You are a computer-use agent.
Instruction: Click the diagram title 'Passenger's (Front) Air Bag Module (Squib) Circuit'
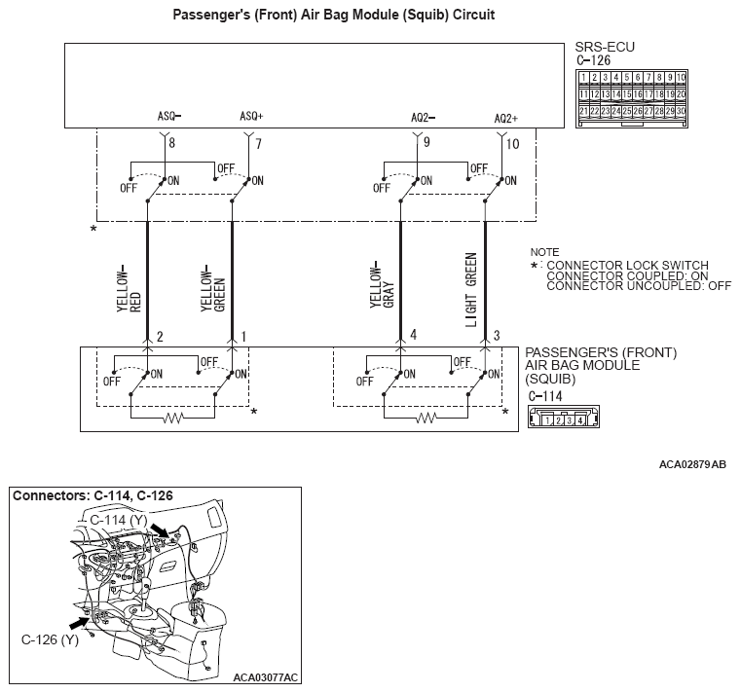click(371, 16)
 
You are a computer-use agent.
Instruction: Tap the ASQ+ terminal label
click(251, 116)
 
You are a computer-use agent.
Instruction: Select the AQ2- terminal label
click(423, 117)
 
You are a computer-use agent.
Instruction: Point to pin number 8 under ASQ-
click(171, 144)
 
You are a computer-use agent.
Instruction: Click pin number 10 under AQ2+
click(514, 144)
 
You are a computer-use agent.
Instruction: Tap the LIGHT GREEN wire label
click(471, 290)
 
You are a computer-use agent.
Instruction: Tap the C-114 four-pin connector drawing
click(558, 419)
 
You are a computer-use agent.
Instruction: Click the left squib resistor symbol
click(172, 419)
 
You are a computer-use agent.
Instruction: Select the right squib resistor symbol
click(426, 419)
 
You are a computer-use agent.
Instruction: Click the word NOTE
click(544, 252)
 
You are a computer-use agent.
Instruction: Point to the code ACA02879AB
click(692, 466)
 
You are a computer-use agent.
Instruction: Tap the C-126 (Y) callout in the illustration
click(50, 639)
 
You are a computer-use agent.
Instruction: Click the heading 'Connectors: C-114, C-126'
click(93, 495)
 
